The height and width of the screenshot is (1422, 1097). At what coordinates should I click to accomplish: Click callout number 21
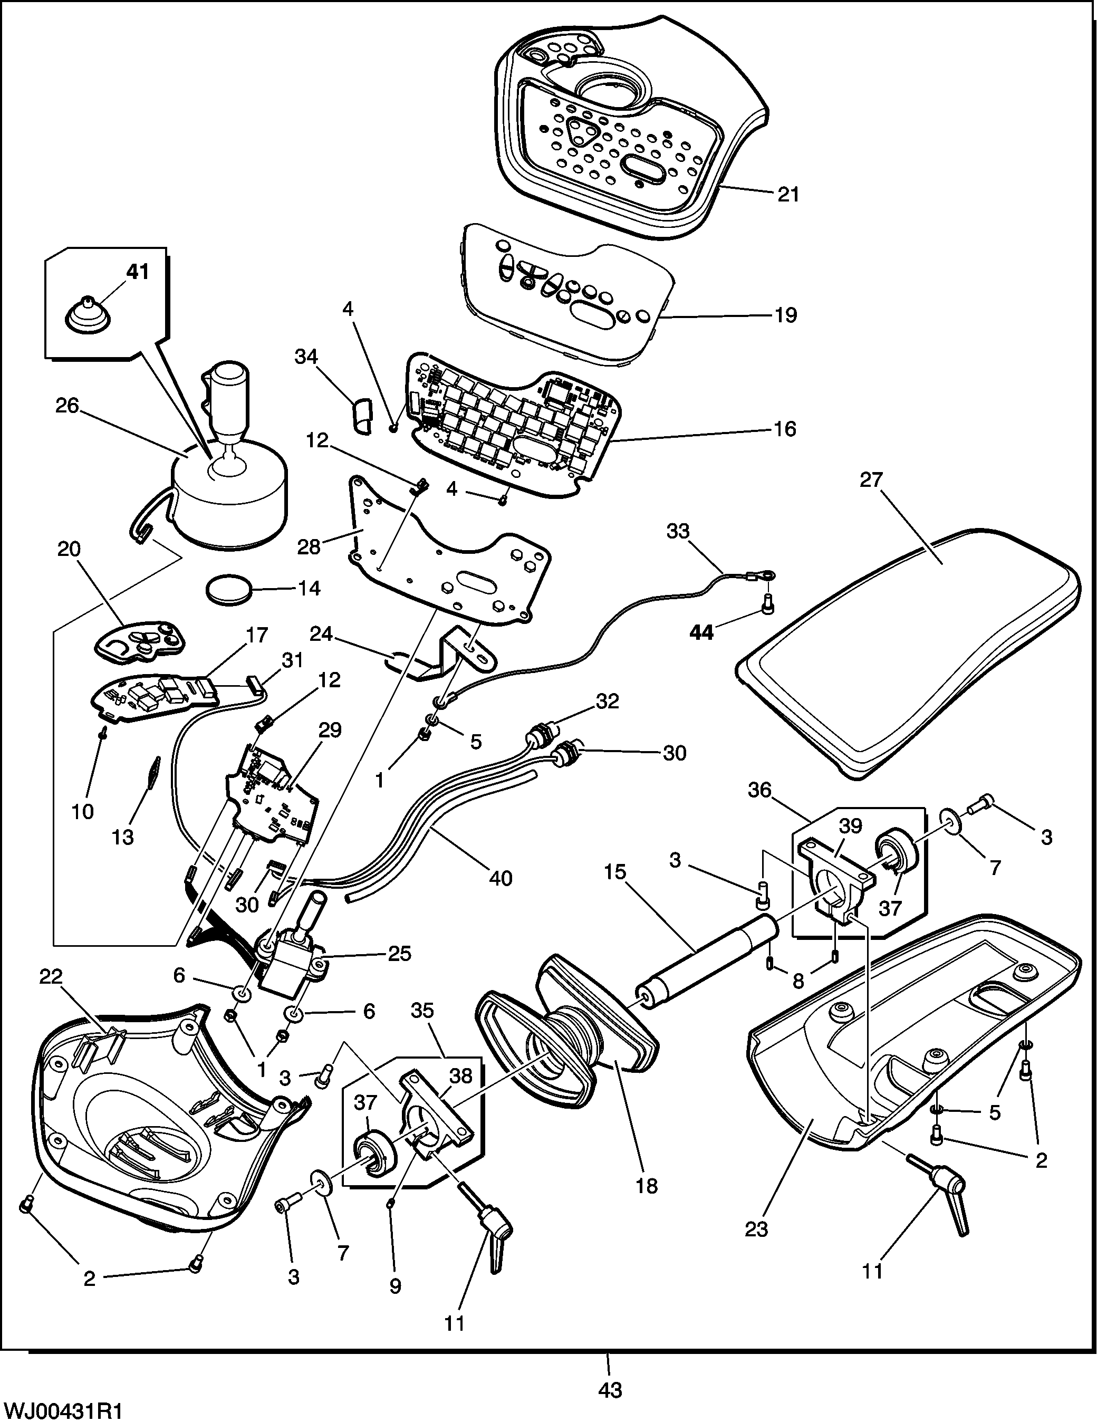coord(788,195)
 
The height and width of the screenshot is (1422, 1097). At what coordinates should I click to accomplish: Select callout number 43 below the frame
coord(610,1389)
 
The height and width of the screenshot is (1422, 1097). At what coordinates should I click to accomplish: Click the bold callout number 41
coord(137,272)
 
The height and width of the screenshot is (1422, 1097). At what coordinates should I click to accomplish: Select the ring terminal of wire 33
coord(764,575)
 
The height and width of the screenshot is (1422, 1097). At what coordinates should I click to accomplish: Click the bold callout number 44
coord(701,632)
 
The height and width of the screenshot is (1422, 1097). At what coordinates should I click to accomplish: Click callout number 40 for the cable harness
coord(500,878)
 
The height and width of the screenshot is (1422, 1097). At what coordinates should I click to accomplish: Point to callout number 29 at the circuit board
coord(330,730)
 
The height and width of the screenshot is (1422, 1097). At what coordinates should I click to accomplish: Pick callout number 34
coord(306,356)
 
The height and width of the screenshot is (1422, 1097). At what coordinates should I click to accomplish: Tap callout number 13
coord(122,837)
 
